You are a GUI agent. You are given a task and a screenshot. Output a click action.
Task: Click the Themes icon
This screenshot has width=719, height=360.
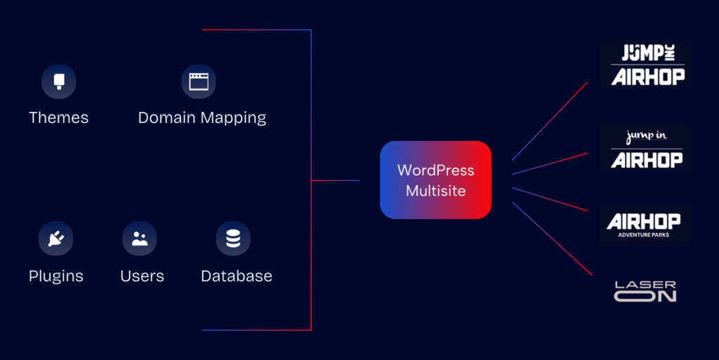[58, 81]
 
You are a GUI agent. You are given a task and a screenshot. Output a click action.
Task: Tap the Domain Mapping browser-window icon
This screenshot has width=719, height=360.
[199, 81]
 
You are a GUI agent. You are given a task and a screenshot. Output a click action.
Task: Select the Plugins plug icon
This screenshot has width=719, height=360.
[55, 239]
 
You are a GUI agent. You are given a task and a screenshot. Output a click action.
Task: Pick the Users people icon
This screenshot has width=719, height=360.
[139, 239]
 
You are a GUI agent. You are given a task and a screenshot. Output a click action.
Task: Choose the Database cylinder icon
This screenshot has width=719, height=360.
[233, 239]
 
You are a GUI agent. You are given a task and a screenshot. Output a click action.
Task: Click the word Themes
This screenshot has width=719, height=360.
[59, 117]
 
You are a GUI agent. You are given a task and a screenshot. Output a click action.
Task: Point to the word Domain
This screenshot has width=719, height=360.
[167, 117]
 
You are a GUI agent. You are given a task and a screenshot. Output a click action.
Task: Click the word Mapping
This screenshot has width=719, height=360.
[233, 118]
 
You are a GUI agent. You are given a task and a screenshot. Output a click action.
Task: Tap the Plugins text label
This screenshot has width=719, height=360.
[56, 276]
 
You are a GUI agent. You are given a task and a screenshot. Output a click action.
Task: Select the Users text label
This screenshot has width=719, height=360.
[142, 276]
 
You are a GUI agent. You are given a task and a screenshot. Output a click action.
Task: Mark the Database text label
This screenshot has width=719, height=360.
[237, 276]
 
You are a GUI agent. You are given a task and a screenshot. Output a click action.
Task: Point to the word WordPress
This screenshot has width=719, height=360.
[435, 171]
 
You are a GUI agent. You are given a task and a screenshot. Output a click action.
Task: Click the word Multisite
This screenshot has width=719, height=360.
[435, 190]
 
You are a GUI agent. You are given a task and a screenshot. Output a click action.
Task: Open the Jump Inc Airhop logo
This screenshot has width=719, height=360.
[646, 64]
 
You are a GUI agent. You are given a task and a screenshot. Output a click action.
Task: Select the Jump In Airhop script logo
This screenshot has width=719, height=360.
[646, 147]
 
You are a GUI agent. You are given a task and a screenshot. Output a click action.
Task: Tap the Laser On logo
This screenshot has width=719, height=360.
[645, 291]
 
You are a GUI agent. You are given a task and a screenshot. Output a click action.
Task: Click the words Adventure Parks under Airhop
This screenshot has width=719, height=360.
[643, 235]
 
